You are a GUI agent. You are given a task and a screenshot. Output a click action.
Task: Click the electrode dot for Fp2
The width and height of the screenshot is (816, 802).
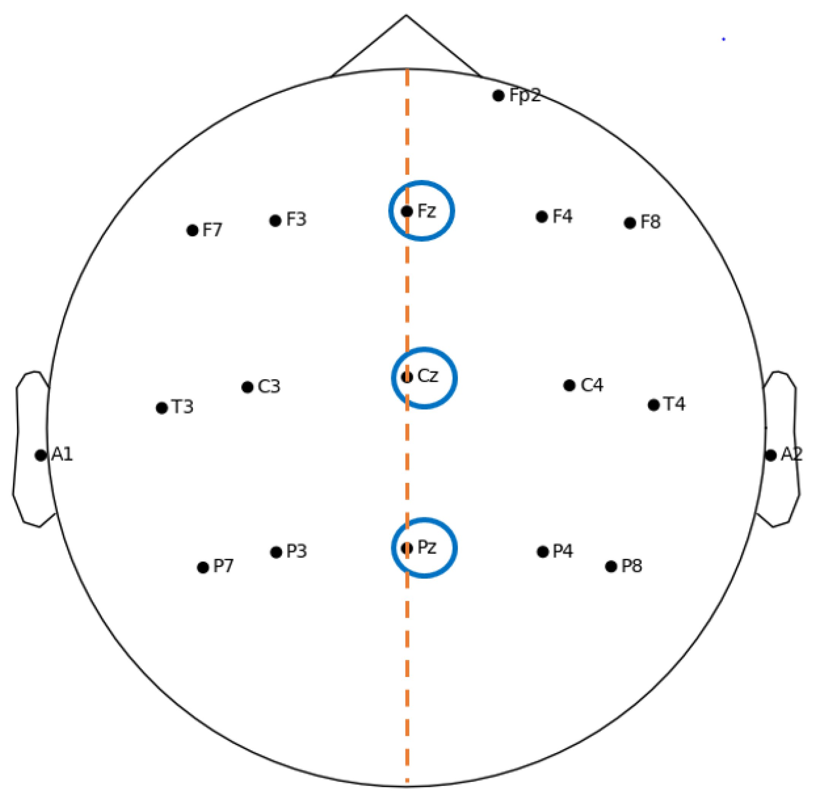498,96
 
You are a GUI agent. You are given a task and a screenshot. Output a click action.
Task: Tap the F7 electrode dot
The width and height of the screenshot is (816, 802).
192,230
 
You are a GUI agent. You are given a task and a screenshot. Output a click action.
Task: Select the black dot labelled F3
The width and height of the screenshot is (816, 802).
275,220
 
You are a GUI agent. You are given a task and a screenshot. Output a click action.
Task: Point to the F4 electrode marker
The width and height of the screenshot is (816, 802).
542,217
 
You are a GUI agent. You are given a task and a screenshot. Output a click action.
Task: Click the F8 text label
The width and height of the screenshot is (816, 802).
650,222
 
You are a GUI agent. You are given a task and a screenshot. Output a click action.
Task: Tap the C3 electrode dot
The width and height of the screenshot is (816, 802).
247,387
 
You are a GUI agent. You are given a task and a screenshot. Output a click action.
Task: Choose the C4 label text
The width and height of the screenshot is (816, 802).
592,385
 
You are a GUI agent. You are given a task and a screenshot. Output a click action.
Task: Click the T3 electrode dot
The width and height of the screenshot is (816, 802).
162,408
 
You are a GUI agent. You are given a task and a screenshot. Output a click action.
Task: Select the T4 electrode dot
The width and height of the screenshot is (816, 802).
654,405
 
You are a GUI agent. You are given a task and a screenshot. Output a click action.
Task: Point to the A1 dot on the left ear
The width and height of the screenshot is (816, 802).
40,455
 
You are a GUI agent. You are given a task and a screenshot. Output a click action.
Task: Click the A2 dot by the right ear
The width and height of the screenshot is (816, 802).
770,455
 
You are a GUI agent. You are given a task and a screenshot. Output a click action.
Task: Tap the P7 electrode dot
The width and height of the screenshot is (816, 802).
203,567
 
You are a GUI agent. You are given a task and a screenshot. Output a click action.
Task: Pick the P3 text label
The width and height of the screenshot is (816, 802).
296,551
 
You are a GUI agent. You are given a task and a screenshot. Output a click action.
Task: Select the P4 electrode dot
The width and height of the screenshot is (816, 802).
543,552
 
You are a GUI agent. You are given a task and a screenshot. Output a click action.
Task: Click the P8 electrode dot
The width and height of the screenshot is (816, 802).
611,566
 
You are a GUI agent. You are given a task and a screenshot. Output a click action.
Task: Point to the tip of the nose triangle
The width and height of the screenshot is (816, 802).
406,15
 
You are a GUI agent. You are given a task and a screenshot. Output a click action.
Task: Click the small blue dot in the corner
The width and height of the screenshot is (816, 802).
723,39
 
